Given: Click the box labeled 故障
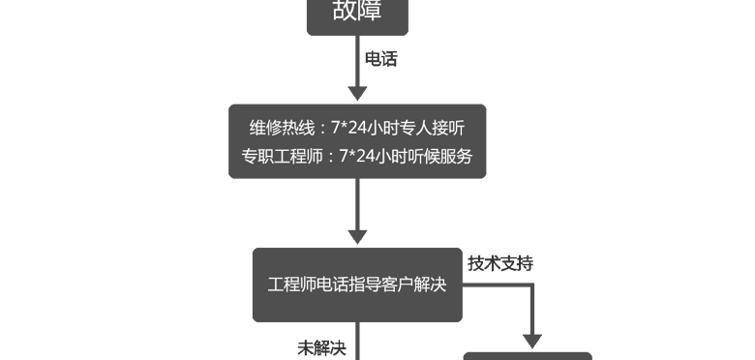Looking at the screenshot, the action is click(x=357, y=16).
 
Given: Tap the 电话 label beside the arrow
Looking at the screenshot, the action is click(x=380, y=59).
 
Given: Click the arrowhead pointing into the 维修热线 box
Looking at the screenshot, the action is click(x=357, y=93).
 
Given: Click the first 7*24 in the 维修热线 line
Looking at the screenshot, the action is click(x=349, y=129).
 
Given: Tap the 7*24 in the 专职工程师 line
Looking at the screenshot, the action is click(x=357, y=157).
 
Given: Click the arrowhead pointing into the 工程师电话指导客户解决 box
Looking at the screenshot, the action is click(x=357, y=237).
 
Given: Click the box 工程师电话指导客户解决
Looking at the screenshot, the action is click(x=357, y=285).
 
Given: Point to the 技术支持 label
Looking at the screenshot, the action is click(x=500, y=264).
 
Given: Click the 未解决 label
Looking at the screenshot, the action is click(x=321, y=348).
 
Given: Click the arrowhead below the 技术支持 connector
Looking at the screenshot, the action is click(x=532, y=342).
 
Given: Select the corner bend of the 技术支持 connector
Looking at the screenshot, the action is click(x=532, y=285).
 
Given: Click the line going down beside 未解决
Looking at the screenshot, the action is click(x=357, y=341).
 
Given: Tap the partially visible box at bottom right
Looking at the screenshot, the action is click(x=528, y=356).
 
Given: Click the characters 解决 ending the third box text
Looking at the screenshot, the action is click(x=430, y=285).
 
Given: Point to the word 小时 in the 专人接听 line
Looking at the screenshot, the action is click(x=383, y=129).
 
